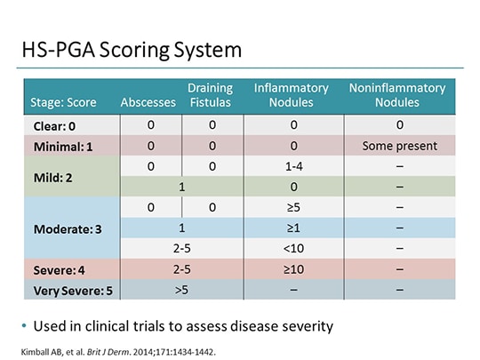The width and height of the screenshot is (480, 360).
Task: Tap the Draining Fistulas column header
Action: (x=210, y=95)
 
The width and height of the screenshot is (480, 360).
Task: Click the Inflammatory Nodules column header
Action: (x=291, y=95)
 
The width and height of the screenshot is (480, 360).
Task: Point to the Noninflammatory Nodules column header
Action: (x=396, y=95)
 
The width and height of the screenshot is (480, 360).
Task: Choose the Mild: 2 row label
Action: (x=56, y=177)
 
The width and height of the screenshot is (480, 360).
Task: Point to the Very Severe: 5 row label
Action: (x=71, y=290)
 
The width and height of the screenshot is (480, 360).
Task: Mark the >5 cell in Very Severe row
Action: (x=181, y=290)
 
